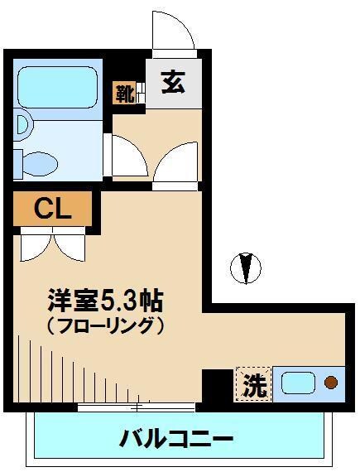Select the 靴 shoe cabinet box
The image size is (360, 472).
(x=124, y=91)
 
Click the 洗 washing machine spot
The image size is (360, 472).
(x=252, y=384)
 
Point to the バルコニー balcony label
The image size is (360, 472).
(x=175, y=437)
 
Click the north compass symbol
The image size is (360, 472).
(x=246, y=267)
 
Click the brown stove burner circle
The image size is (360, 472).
(x=330, y=383)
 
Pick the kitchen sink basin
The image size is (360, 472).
(x=297, y=383)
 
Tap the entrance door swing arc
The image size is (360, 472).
(x=174, y=31)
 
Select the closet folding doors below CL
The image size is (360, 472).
(x=51, y=243)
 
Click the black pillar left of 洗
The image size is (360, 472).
(x=218, y=385)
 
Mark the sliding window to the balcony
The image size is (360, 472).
(x=137, y=406)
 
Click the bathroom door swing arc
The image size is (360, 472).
(x=124, y=154)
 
